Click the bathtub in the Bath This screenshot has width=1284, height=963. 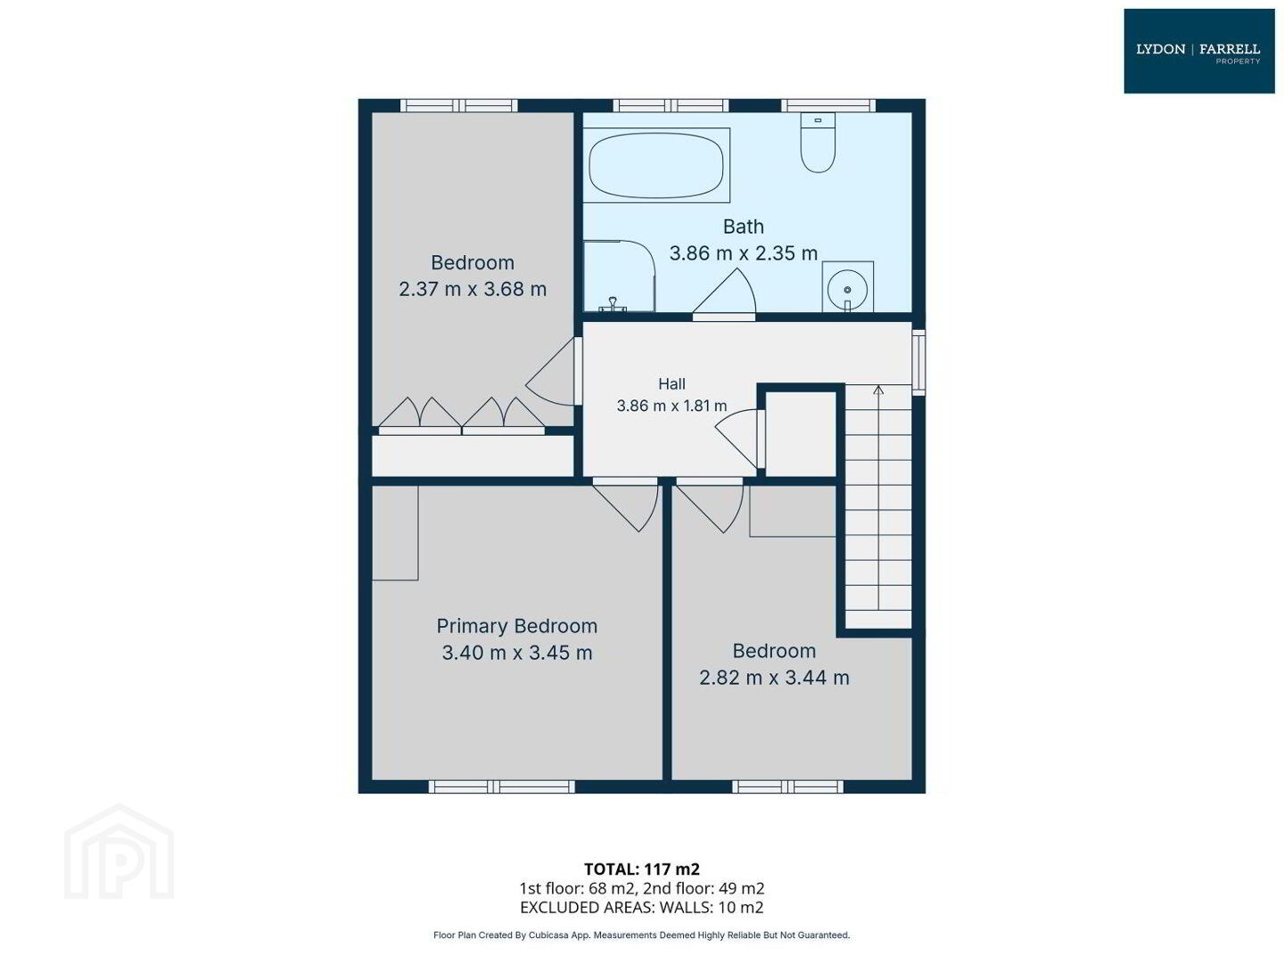point(656,166)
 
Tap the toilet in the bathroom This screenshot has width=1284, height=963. point(817,143)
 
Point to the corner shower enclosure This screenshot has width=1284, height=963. point(619,276)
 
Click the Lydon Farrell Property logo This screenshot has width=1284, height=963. point(1198,51)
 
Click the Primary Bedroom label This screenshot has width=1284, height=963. point(516,626)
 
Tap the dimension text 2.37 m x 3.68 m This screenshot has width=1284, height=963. point(473,290)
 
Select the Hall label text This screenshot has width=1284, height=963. point(671,384)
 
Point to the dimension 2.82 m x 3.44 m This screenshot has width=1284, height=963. point(774,678)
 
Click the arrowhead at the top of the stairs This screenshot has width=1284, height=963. point(878,390)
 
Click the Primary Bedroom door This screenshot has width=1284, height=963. point(626,505)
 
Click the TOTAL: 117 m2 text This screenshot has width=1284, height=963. point(642,869)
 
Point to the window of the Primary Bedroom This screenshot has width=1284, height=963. point(502,787)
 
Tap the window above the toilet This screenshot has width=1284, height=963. point(829,105)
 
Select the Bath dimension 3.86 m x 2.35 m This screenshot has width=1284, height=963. point(744,253)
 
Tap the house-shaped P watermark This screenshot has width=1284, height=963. point(119,852)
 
